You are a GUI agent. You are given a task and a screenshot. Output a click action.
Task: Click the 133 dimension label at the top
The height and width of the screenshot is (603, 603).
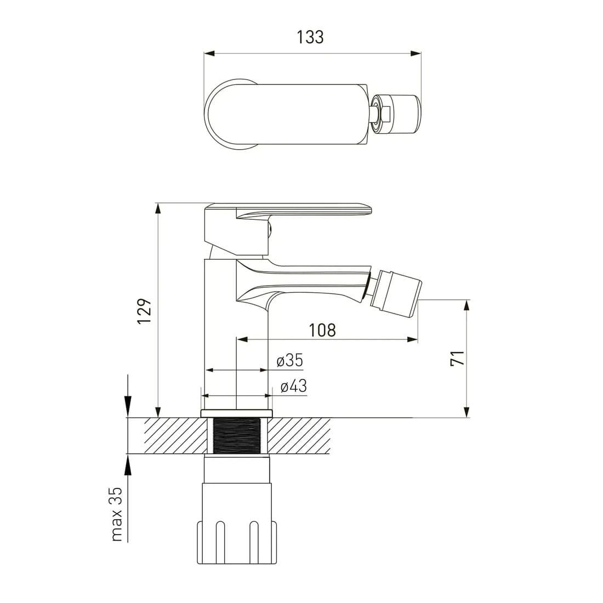pos(310,37)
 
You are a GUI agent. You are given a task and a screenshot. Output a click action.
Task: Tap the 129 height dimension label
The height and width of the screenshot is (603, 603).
pos(145,311)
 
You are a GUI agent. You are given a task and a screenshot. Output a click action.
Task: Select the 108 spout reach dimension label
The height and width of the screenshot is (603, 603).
pos(322,330)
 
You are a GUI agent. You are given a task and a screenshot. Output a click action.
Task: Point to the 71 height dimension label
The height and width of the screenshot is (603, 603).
pos(458,358)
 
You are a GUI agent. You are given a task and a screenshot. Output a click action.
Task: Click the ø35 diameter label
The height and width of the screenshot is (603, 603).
pos(290,361)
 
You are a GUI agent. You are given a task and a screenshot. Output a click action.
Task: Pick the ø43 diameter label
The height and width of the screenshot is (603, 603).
pos(294,386)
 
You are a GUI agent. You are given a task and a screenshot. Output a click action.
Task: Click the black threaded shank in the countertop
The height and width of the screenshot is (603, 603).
pos(236,436)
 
